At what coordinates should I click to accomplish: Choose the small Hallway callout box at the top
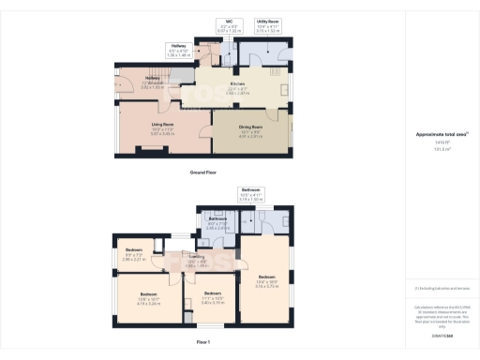click(178, 52)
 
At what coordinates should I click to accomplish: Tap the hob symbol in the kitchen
click(277, 71)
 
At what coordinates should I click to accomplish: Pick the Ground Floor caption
click(204, 172)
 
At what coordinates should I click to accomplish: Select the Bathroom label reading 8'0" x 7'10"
click(218, 225)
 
